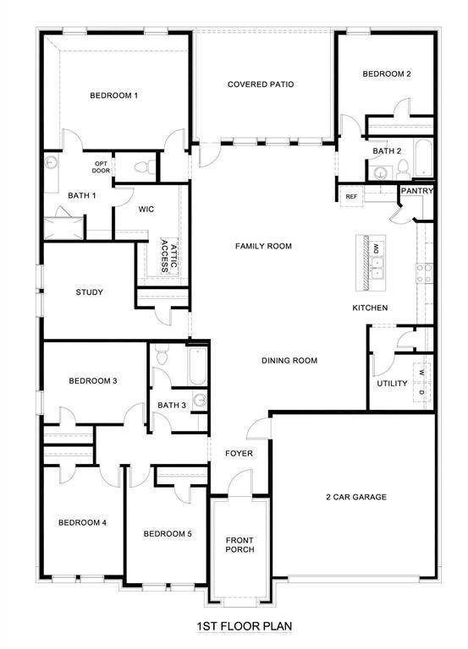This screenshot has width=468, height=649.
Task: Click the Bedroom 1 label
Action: coord(113,95)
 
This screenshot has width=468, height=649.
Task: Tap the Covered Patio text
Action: coord(261,85)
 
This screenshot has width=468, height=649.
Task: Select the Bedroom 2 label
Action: coord(387,74)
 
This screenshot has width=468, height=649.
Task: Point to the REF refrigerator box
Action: coord(352,196)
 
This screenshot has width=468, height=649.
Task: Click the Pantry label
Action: coord(417,191)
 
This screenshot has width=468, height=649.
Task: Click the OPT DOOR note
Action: coord(101,167)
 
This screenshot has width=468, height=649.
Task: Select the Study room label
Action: coord(89,292)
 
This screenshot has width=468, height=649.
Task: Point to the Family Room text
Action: coord(263,246)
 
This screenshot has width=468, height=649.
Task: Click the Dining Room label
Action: coord(289,360)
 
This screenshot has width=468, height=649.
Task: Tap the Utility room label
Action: coord(392,384)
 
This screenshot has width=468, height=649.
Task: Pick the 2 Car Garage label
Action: coord(355,497)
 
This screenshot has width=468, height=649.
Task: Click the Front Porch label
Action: coord(240,544)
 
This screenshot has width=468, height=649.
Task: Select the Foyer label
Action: coord(239,454)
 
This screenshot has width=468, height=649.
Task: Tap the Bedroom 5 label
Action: coord(168,533)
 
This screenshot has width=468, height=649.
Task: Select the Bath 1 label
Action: coord(82,196)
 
